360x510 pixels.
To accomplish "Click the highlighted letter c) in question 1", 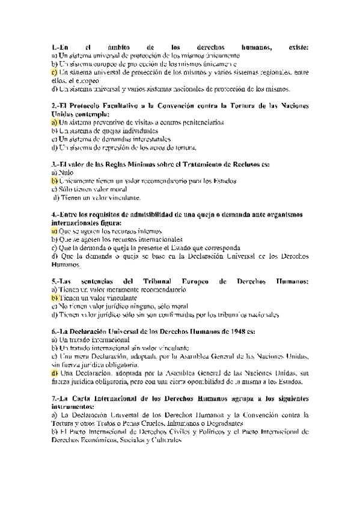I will coord(55,72).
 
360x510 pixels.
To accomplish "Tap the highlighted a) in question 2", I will coord(55,122).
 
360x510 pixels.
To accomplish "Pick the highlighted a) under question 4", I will coord(55,230).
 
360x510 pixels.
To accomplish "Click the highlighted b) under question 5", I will coord(55,298).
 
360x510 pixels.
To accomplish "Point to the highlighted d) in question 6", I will coord(55,373).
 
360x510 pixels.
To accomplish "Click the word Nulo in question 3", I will coord(66,172).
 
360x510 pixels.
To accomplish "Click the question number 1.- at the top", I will coord(56,46).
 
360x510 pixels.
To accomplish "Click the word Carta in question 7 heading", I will coord(90,399).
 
